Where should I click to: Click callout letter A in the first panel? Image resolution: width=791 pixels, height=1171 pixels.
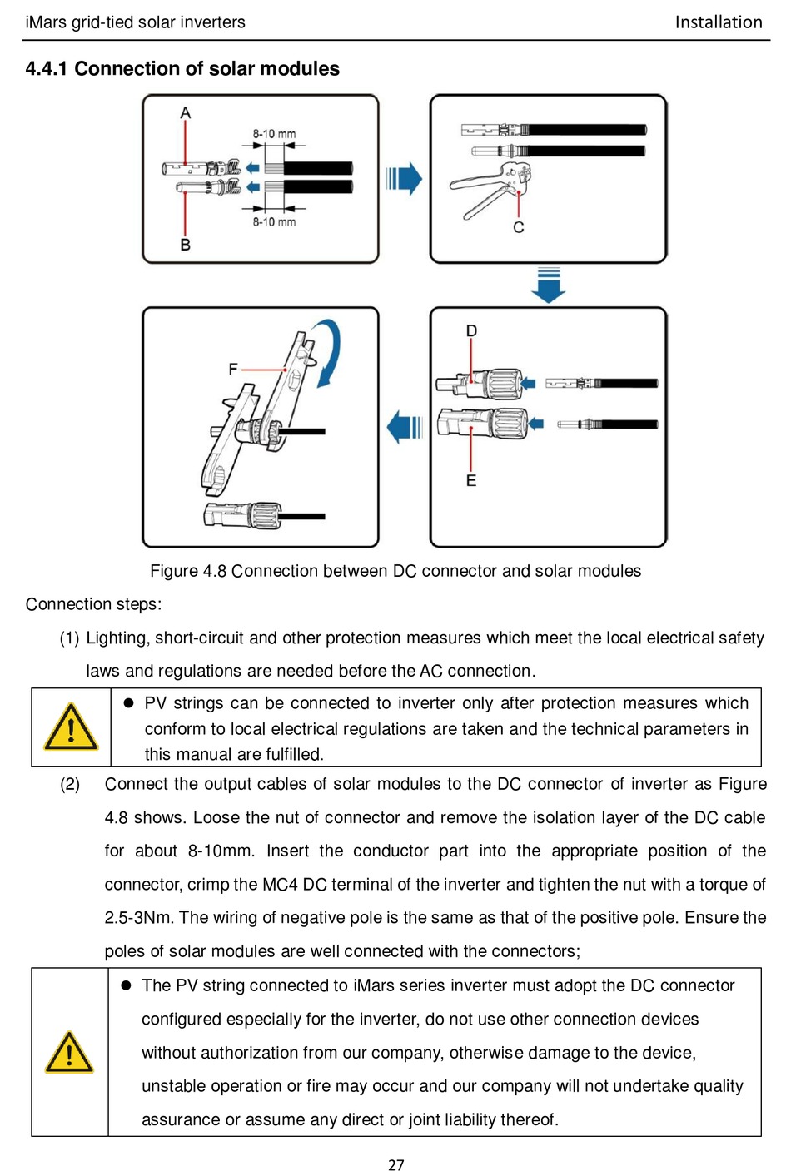185,112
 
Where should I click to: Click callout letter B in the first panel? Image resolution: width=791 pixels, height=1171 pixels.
185,245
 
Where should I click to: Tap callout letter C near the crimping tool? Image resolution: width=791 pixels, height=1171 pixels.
519,227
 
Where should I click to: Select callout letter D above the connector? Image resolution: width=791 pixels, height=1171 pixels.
471,331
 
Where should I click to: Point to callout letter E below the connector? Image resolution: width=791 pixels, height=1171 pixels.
471,480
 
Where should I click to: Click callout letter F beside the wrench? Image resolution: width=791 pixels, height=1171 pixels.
233,369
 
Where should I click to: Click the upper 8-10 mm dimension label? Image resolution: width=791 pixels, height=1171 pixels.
274,134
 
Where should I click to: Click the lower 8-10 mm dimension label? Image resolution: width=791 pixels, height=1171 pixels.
274,221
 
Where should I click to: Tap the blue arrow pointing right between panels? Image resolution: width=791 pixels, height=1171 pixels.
405,179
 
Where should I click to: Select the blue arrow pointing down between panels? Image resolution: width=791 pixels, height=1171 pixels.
549,285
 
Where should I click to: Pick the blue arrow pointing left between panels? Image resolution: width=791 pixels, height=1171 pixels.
405,427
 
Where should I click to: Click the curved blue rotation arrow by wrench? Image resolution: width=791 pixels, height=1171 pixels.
331,354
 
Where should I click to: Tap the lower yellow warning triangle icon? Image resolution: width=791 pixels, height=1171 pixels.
69,1053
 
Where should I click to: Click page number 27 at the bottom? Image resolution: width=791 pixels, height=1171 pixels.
396,1165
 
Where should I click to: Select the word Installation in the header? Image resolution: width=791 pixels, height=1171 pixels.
718,22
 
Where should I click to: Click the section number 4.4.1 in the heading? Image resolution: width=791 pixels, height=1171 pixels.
47,69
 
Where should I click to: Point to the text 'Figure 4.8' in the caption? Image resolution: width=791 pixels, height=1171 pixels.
188,571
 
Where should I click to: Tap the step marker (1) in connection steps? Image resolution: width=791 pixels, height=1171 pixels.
69,638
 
